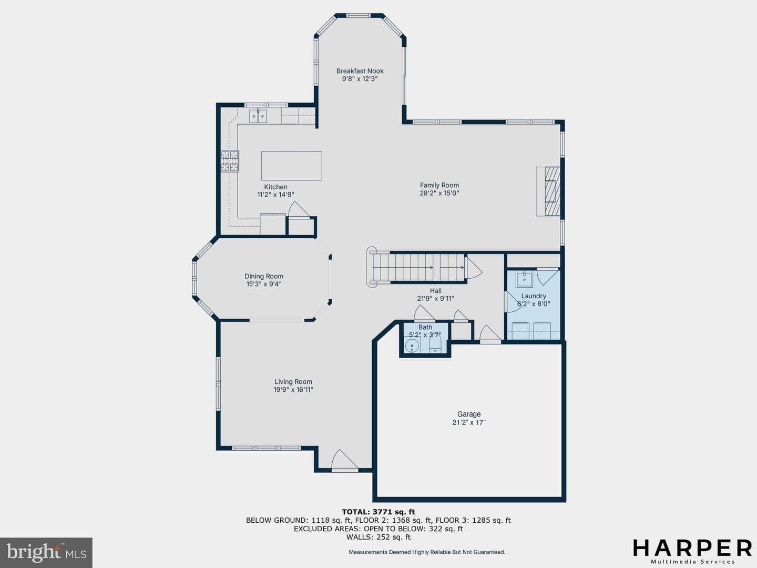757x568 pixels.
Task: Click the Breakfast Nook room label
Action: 360,71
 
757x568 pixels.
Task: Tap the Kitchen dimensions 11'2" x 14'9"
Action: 275,195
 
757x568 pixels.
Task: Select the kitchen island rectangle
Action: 291,166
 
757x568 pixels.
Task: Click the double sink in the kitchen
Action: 258,116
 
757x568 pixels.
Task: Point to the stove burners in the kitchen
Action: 230,161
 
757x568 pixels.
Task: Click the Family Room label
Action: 439,185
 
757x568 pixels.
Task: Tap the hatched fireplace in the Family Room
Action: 552,191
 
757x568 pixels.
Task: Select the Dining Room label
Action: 264,276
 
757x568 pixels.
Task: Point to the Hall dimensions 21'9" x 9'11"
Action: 435,299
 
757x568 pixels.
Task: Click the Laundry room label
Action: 534,296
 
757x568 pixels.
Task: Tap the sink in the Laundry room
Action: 524,279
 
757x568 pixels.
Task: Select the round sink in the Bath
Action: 412,345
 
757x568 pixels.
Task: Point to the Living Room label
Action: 293,382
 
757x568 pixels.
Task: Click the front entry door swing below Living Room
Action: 344,460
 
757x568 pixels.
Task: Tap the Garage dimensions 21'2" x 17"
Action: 469,422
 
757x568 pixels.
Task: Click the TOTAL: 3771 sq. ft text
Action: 378,512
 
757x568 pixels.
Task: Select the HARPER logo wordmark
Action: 692,548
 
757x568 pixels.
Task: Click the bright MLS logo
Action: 46,552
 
